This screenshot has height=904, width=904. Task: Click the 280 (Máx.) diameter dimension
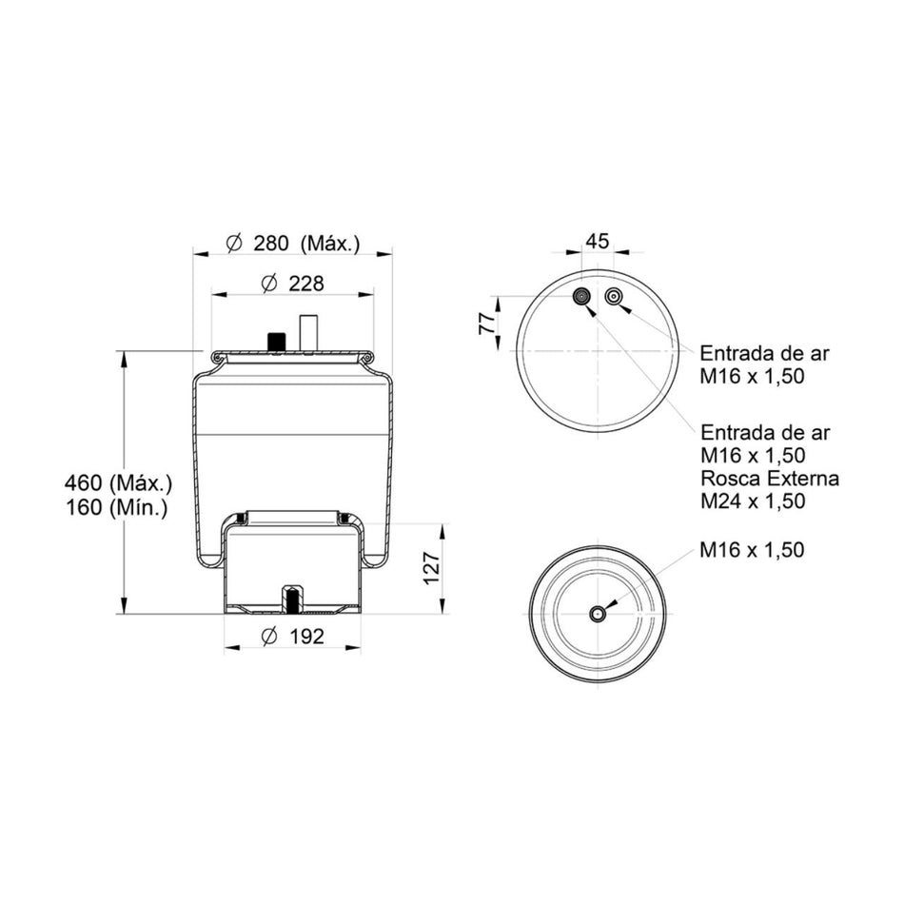click(x=294, y=244)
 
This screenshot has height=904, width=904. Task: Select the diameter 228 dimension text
click(x=292, y=284)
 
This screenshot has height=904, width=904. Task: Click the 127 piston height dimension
click(x=432, y=568)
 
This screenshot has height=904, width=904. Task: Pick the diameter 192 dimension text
click(x=292, y=637)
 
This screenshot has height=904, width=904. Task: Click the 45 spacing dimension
click(x=597, y=242)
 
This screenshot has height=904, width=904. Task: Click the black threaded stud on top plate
click(x=278, y=341)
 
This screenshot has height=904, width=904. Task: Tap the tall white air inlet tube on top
click(x=308, y=333)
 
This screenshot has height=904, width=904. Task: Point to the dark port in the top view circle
click(x=581, y=299)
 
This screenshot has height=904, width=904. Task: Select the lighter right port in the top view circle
click(x=614, y=297)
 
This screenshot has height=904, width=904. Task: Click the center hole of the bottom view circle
click(x=598, y=614)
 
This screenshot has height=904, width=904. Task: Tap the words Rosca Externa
click(x=769, y=478)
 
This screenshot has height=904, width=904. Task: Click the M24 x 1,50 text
click(x=753, y=501)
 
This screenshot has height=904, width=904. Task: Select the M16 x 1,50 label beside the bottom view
click(x=753, y=550)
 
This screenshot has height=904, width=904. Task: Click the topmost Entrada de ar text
click(x=764, y=353)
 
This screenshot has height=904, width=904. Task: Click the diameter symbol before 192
click(x=267, y=637)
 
